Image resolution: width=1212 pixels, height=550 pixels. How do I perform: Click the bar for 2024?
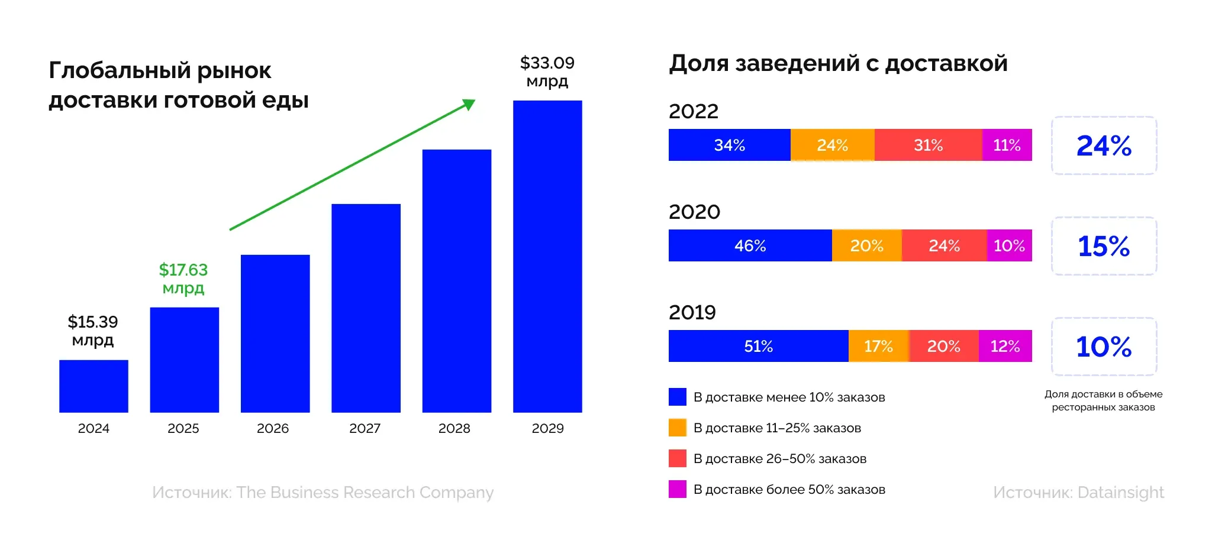[x=94, y=386]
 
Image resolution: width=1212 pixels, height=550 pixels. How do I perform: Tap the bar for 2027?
[x=366, y=308]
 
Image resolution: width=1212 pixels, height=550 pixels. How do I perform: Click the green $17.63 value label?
[x=183, y=279]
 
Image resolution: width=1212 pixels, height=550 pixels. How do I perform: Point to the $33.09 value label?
[x=547, y=71]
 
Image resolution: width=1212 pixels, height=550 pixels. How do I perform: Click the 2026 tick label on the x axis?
[x=273, y=428]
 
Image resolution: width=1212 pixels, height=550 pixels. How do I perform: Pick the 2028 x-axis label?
[x=454, y=428]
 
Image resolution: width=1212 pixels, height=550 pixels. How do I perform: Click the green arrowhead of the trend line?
[x=469, y=105]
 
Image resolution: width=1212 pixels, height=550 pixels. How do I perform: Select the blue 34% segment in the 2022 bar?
[x=729, y=145]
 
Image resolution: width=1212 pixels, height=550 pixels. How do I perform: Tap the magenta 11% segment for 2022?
[x=1007, y=145]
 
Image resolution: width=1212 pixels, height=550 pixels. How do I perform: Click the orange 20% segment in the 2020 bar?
[x=866, y=245]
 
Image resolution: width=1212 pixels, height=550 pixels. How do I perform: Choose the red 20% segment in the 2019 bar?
[x=943, y=346]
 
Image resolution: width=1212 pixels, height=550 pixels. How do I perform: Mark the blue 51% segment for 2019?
[x=758, y=346]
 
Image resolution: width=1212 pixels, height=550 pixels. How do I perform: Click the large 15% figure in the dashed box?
[x=1104, y=246]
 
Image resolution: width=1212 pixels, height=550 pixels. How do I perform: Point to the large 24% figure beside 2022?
[x=1104, y=145]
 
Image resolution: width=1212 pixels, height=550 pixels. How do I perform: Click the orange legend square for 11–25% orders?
[x=678, y=428]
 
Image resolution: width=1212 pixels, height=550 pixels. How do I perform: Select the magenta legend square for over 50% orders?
[x=678, y=489]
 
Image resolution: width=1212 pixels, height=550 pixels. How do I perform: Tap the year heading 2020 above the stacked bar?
[x=694, y=212]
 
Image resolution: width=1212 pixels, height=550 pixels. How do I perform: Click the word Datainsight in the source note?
[x=1120, y=493]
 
